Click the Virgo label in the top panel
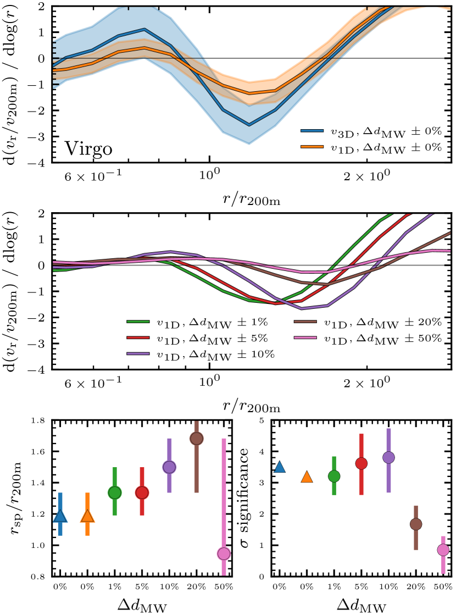coord(89,149)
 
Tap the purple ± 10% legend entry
coord(201,353)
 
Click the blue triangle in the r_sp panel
coord(60,516)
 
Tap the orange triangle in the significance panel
coord(307,477)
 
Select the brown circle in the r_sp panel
coord(197,439)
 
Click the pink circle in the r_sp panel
coord(224,553)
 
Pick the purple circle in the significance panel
coord(389,457)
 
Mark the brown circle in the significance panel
coord(416,524)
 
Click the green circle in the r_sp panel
coord(115,492)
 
